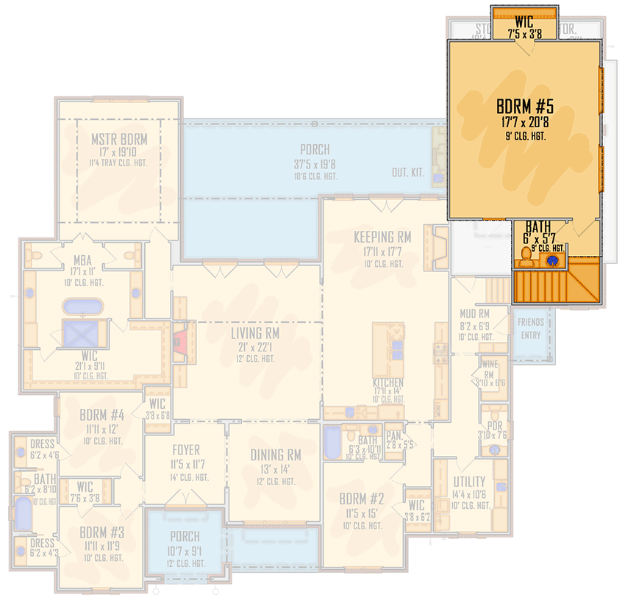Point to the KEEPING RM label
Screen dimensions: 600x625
pos(382,237)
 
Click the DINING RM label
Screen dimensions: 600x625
pos(276,455)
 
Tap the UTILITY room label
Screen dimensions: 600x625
pos(469,482)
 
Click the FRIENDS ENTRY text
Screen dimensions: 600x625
pos(530,329)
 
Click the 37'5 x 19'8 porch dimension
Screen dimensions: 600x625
pos(315,164)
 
